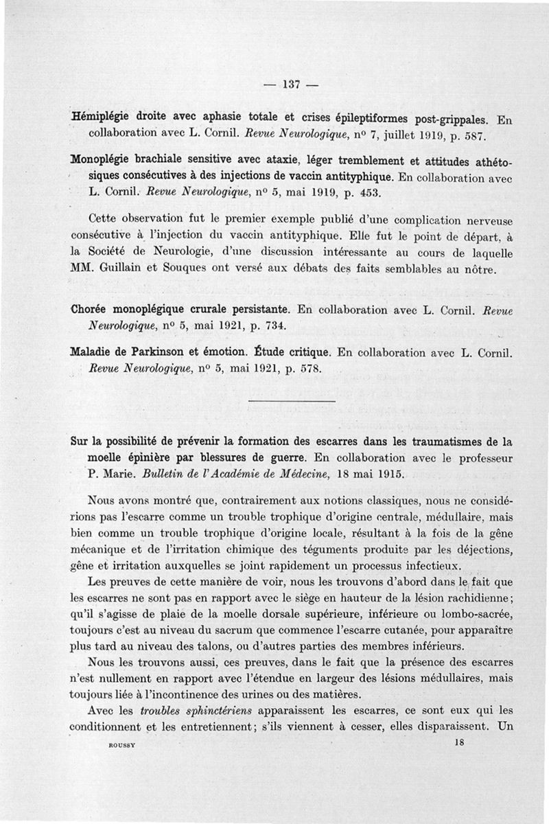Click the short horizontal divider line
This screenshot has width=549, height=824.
click(291, 401)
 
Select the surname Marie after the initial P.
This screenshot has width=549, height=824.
click(123, 474)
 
